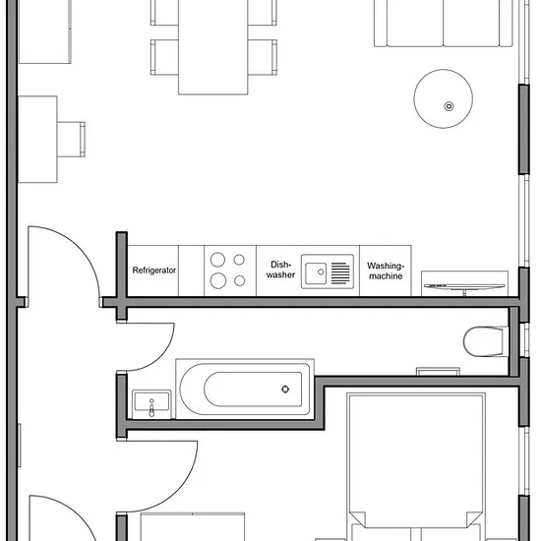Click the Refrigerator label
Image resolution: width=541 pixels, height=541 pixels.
tap(154, 270)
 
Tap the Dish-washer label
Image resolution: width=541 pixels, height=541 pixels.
tap(280, 270)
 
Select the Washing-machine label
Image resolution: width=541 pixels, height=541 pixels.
tap(386, 270)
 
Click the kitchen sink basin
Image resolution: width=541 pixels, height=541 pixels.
tap(316, 273)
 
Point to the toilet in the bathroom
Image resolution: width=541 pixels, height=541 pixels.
tap(486, 341)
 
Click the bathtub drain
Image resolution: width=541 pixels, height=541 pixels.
tap(285, 390)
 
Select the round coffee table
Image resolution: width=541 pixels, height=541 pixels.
tap(444, 98)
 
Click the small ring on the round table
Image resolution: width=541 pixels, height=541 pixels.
tap(449, 106)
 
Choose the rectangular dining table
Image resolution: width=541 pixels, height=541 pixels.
tap(212, 46)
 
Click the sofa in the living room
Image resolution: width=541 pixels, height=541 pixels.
tap(444, 24)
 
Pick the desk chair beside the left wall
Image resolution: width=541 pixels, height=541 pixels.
tap(71, 140)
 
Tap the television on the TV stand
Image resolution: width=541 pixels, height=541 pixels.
tap(464, 286)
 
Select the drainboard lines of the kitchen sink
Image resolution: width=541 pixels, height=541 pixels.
tap(340, 273)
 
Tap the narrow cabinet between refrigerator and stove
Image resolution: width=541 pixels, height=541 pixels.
tap(191, 270)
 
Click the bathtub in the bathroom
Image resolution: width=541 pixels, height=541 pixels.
tap(245, 390)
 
